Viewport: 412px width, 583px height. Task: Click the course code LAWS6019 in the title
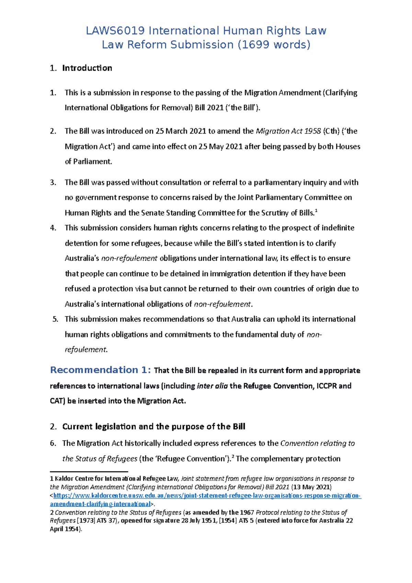coord(115,31)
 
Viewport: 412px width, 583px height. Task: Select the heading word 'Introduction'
coord(87,68)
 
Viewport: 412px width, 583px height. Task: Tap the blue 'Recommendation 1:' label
coord(100,370)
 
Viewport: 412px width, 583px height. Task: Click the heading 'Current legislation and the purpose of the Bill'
coord(153,426)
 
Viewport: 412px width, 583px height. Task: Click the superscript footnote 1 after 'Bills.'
coord(316,211)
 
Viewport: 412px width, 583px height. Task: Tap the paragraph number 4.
coord(53,228)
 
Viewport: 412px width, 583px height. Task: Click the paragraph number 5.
coord(55,319)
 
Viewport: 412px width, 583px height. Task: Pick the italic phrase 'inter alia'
coord(212,386)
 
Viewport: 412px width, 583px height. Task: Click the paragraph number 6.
coord(53,443)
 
